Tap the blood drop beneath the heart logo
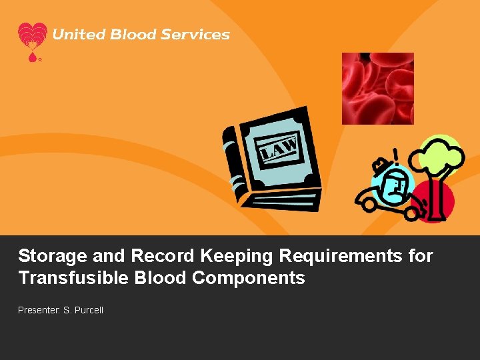pos(32,58)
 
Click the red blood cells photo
pos(377,89)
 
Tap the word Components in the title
pos(249,278)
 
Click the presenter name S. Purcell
pos(83,310)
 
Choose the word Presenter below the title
pos(38,310)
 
